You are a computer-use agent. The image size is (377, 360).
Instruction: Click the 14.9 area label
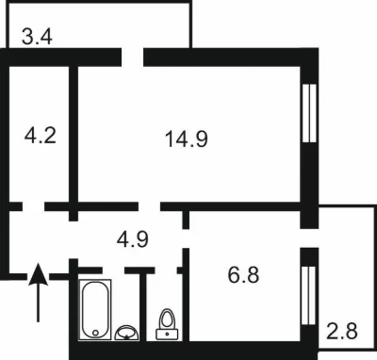[x=187, y=139]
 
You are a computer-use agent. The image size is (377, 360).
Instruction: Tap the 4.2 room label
[x=41, y=136]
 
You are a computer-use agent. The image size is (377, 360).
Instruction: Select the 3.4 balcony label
[x=37, y=36]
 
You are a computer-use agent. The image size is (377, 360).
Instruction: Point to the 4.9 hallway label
[x=133, y=239]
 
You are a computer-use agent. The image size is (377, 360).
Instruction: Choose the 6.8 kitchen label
[x=243, y=275]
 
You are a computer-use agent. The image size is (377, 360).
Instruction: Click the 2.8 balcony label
[x=342, y=331]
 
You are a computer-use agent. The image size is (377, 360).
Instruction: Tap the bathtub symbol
[x=95, y=309]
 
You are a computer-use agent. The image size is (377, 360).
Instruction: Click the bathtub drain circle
[x=95, y=333]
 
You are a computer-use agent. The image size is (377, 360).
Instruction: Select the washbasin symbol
[x=127, y=333]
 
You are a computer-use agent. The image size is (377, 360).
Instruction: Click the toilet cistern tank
[x=167, y=335]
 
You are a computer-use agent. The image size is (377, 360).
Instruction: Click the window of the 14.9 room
[x=309, y=113]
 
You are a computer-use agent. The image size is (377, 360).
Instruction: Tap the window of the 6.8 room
[x=308, y=295]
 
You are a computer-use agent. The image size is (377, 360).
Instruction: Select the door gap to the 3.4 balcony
[x=133, y=57]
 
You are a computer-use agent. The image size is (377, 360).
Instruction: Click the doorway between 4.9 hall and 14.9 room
[x=149, y=206]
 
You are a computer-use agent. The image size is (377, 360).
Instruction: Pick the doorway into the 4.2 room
[x=33, y=206]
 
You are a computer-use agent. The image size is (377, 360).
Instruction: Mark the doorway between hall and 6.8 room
[x=186, y=238]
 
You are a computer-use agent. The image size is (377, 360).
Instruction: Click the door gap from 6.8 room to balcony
[x=309, y=238]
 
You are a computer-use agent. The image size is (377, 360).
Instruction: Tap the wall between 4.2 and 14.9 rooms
[x=74, y=135]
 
